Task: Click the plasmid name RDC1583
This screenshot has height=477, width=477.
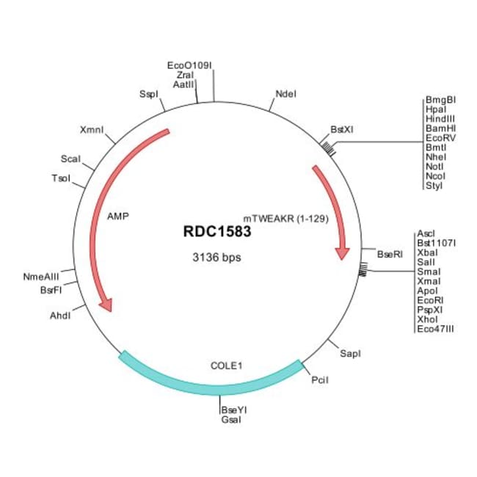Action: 217,231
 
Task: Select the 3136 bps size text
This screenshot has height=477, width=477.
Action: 216,258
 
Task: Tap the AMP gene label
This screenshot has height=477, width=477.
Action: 118,216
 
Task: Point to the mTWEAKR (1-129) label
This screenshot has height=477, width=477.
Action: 286,219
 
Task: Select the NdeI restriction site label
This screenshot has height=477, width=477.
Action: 285,94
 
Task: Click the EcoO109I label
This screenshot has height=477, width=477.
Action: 189,65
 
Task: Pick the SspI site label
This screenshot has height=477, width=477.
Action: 149,95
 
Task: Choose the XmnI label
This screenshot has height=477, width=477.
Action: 92,130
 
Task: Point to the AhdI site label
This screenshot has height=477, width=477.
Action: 60,316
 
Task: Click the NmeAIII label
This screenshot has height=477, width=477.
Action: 41,277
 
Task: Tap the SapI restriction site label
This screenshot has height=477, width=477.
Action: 351,354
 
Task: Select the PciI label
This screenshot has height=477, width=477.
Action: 320,380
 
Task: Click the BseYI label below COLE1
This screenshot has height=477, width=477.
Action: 234,410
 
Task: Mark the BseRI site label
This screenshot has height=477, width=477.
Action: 390,254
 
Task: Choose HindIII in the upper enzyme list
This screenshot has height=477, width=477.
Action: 440,119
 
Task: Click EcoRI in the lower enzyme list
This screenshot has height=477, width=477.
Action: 430,301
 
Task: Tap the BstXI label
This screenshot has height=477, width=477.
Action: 342,130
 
